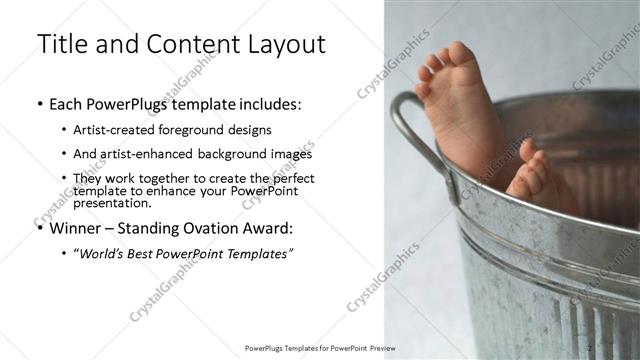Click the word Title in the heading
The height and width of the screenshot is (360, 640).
62,45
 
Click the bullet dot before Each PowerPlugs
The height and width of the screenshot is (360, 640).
39,104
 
